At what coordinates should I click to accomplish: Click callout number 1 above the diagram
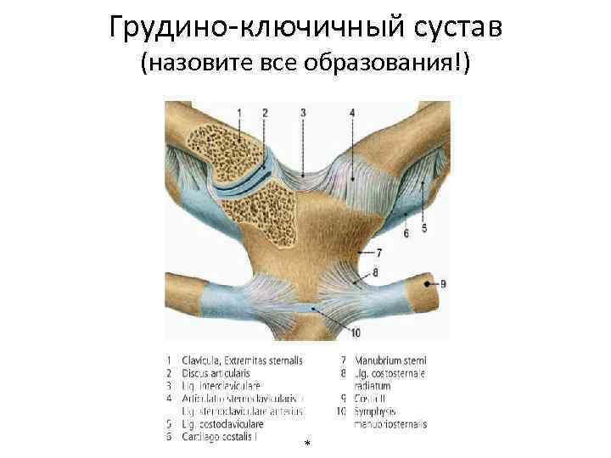[239, 113]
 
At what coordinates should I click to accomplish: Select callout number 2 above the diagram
[266, 113]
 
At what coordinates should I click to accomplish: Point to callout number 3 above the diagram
[304, 113]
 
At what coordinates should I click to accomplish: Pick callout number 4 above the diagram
[351, 113]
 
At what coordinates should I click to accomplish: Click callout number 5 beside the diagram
[423, 229]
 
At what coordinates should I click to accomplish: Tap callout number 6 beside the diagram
[406, 232]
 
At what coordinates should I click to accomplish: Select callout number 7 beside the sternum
[378, 253]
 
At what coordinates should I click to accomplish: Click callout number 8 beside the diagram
[376, 273]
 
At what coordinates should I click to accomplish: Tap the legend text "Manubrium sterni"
[390, 360]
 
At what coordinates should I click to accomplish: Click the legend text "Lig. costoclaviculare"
[222, 423]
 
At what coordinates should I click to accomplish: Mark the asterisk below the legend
[306, 444]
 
